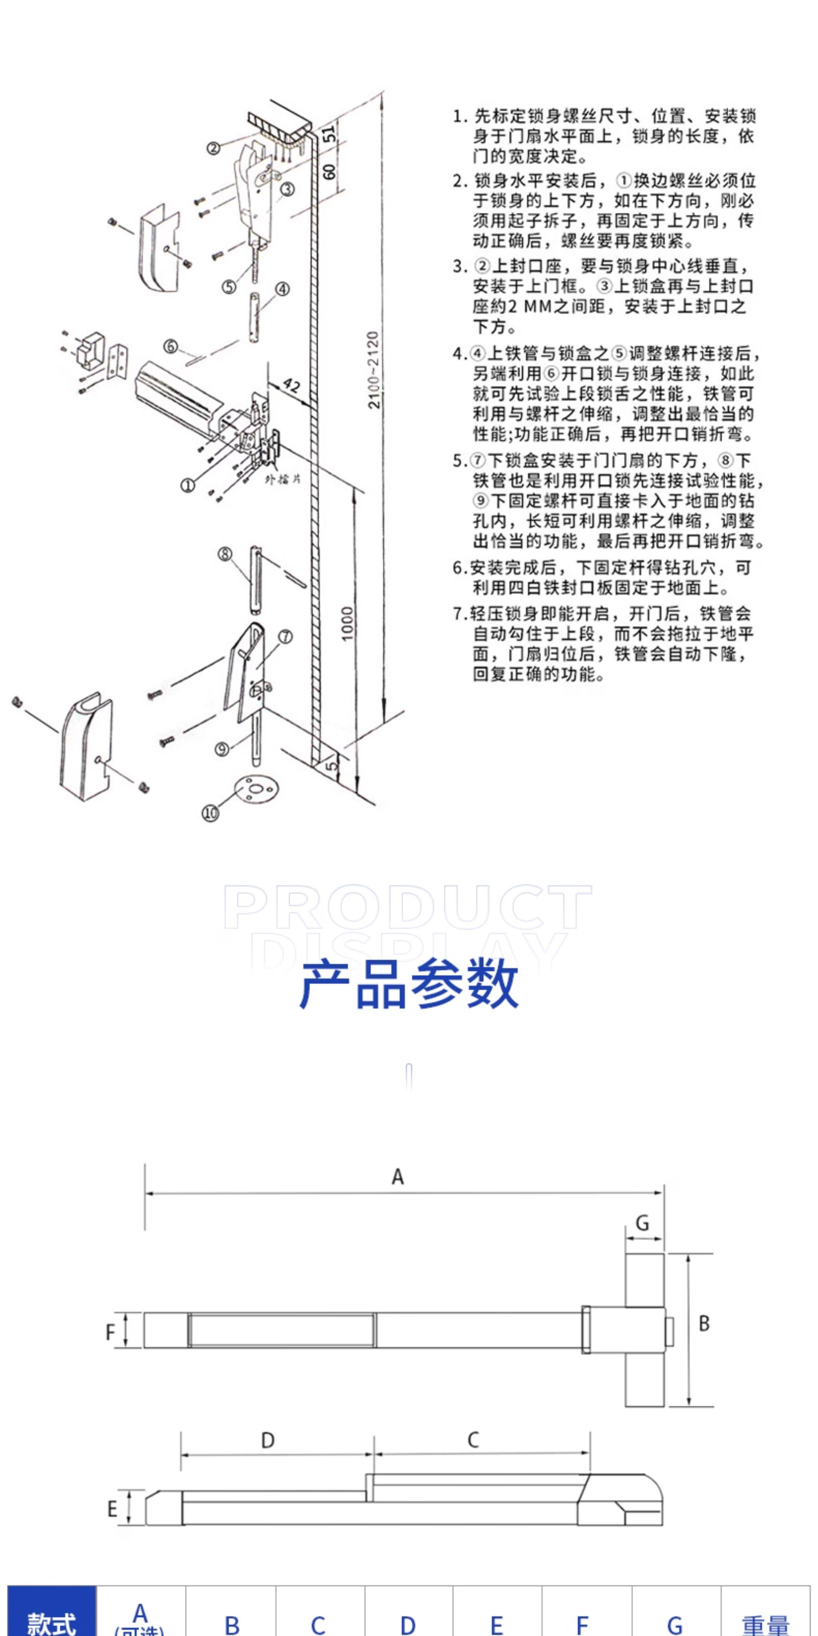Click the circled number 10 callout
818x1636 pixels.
tap(210, 813)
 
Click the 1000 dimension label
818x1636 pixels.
tap(347, 624)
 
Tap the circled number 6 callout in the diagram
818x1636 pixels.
tap(170, 346)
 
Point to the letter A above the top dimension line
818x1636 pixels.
tap(397, 1177)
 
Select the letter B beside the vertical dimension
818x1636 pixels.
tap(704, 1324)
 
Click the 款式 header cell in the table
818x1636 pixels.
tap(51, 1623)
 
